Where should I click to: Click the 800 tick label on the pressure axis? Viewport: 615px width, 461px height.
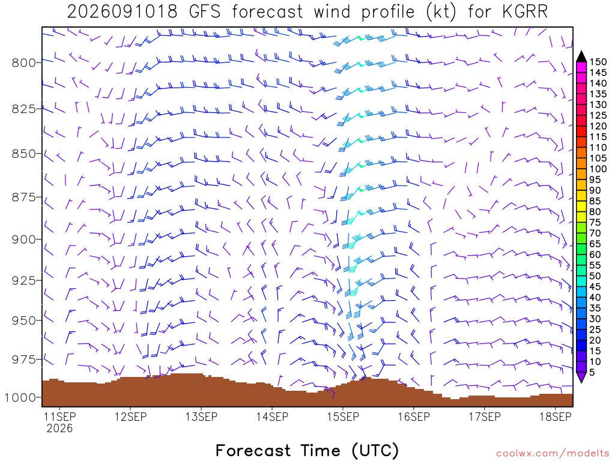click(x=24, y=62)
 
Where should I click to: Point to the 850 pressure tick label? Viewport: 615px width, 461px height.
click(x=24, y=154)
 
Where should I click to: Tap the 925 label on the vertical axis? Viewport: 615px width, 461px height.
click(x=24, y=281)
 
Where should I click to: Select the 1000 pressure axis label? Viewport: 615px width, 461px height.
click(x=20, y=398)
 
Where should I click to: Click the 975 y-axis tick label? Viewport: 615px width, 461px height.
click(x=24, y=360)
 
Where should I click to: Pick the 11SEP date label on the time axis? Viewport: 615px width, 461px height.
click(x=59, y=417)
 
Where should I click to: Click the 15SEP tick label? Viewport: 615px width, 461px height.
click(x=343, y=417)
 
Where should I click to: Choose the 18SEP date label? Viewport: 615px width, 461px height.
click(x=556, y=417)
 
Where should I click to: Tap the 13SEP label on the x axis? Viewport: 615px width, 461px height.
click(x=202, y=417)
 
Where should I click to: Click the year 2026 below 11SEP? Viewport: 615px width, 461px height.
click(x=59, y=428)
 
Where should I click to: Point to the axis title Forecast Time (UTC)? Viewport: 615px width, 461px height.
click(x=307, y=451)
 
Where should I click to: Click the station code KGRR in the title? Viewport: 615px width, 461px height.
click(x=525, y=12)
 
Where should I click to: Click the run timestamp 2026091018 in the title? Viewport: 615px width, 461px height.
click(x=123, y=12)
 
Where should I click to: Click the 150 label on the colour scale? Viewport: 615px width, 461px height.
click(x=598, y=62)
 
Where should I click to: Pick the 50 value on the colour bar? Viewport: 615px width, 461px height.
click(x=595, y=276)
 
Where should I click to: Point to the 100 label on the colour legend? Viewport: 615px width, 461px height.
click(x=598, y=169)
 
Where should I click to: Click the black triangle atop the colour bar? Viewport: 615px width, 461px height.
click(x=581, y=56)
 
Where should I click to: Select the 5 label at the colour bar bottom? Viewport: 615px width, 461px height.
click(x=592, y=372)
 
